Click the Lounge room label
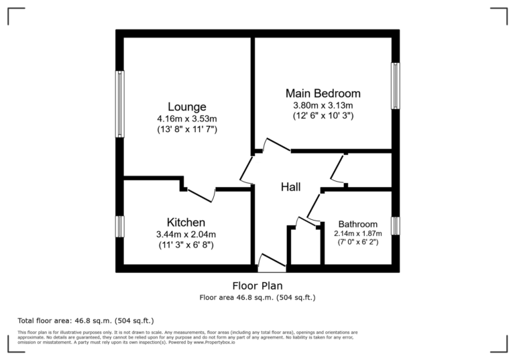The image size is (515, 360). tap(186, 107)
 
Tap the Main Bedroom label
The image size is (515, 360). tap(323, 93)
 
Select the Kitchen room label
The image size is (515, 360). tap(186, 222)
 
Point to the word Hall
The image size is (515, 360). tap(290, 187)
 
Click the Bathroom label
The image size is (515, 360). tap(357, 224)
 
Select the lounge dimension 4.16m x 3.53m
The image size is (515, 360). tap(186, 118)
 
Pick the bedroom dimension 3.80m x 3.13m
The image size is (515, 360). tap(323, 105)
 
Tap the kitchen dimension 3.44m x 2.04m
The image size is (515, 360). tap(186, 234)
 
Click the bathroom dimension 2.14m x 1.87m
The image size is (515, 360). tap(357, 233)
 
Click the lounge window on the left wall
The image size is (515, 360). tap(120, 104)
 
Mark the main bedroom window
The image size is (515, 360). tap(395, 86)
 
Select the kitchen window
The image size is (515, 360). tap(120, 226)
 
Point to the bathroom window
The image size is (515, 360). tap(395, 225)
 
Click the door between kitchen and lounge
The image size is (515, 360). tap(200, 194)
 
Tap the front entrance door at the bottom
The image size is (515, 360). tap(272, 262)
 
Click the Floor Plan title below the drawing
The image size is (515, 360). tap(257, 286)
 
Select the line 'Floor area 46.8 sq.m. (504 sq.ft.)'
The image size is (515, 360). tap(257, 297)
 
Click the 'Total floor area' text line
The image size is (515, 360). tap(90, 320)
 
